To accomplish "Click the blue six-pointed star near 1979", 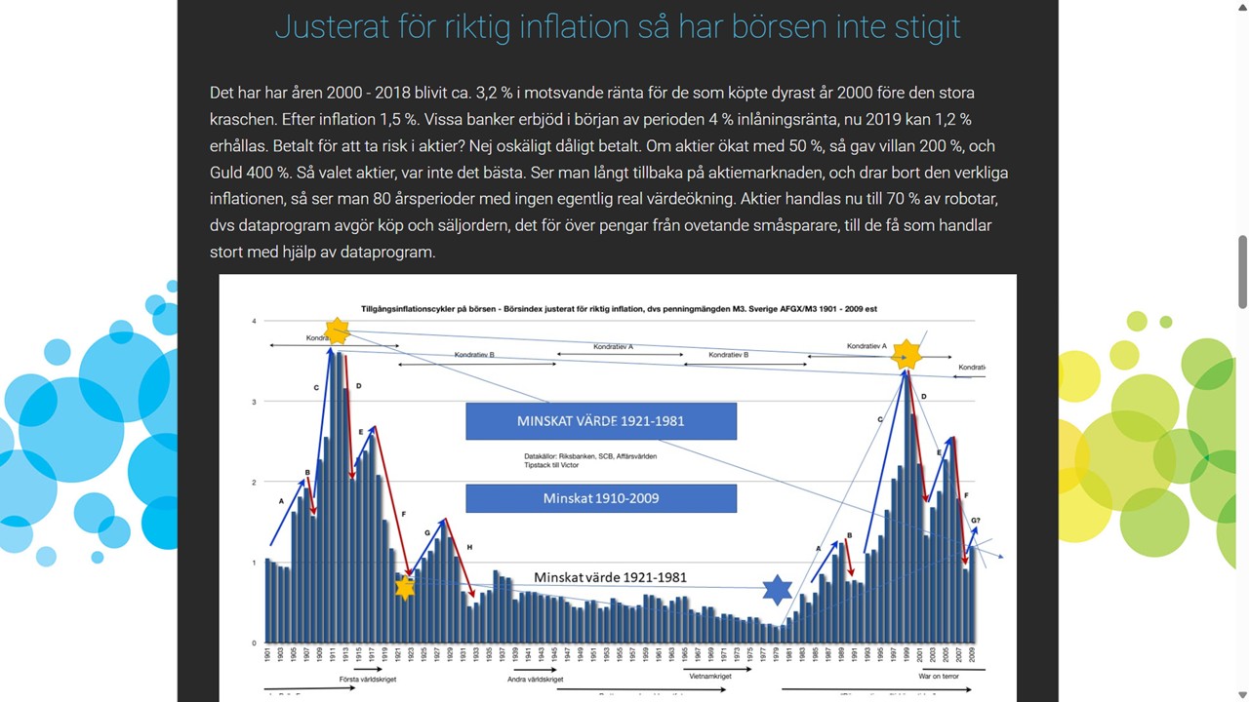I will click(777, 589).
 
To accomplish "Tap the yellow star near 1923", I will click(405, 587).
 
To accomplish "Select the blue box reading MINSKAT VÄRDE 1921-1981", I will click(601, 421).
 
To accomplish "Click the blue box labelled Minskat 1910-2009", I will click(601, 498).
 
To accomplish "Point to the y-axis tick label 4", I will click(254, 321).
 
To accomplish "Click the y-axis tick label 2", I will click(254, 483).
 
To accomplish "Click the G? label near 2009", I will click(975, 521).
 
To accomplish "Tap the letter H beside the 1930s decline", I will click(469, 548).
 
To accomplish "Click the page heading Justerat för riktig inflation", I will click(618, 26).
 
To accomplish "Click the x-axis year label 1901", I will click(267, 655).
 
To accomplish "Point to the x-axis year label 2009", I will click(972, 655).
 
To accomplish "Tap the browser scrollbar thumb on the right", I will click(1242, 272).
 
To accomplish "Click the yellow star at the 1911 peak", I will click(337, 331).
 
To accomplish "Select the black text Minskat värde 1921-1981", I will click(610, 577).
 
